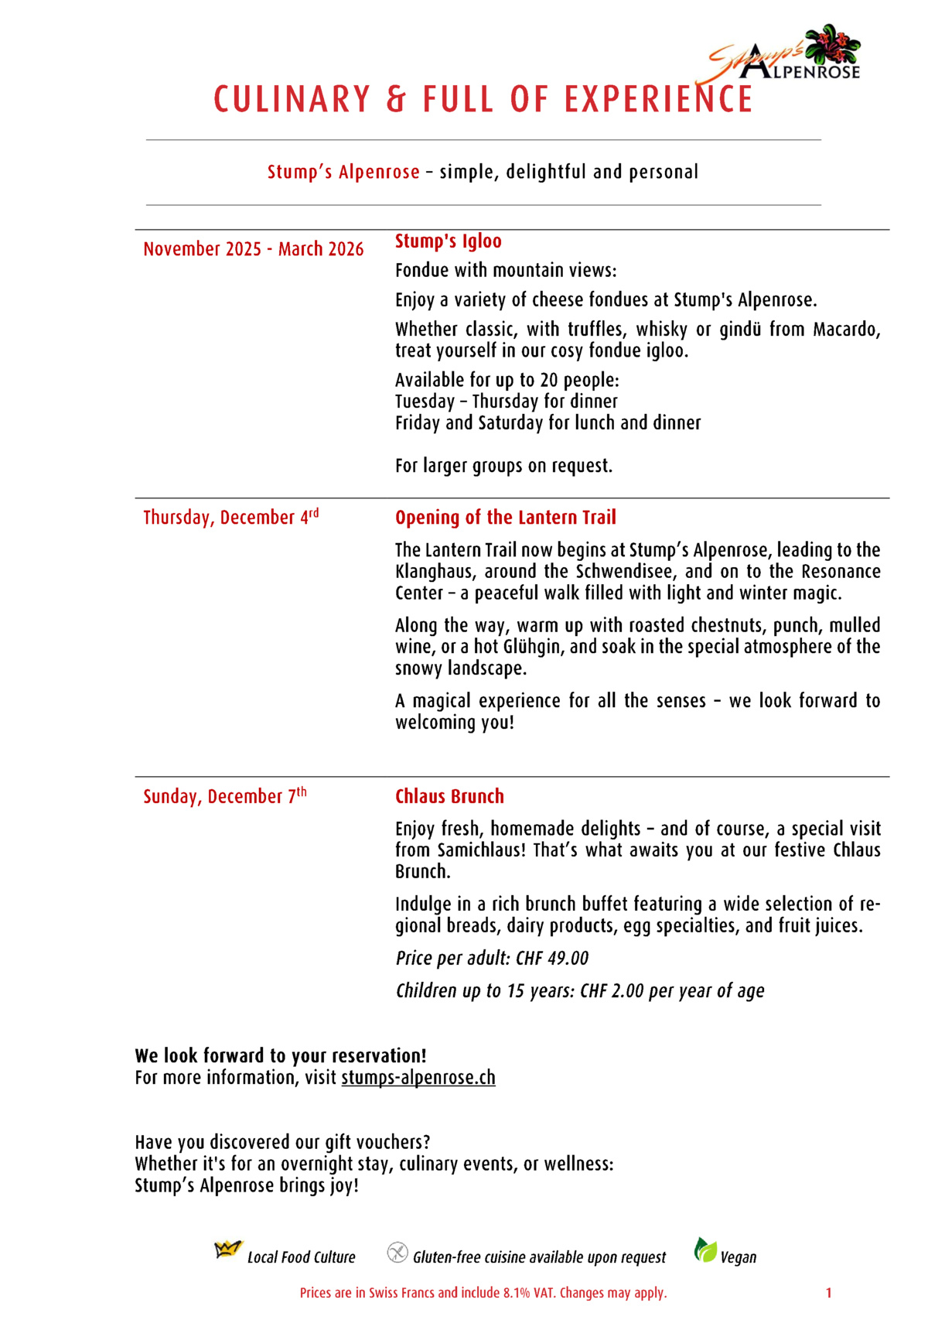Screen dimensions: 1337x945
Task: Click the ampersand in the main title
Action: point(396,100)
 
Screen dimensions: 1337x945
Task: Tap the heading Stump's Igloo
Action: point(448,241)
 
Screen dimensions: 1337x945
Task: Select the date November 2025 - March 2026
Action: point(253,249)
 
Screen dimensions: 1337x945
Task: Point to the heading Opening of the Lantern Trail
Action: point(505,518)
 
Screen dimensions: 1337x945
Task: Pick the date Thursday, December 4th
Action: point(230,517)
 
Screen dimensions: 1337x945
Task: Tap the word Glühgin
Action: point(533,646)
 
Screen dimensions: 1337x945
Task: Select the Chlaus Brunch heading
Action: point(449,796)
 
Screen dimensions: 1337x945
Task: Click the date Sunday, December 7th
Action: point(224,796)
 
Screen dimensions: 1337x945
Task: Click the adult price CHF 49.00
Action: point(552,959)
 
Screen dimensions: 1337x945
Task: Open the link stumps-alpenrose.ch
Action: point(418,1078)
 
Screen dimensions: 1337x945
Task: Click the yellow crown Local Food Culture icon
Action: point(227,1250)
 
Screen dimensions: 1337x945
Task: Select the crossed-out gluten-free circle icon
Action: point(397,1252)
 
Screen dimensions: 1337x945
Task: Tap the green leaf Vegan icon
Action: point(704,1250)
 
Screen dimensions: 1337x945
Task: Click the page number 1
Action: point(828,1293)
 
